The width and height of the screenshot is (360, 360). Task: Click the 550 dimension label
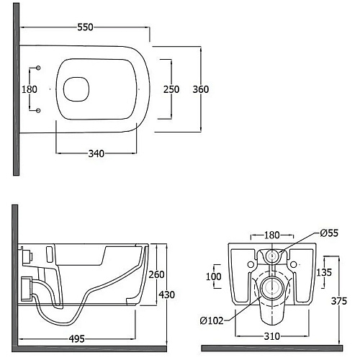85,27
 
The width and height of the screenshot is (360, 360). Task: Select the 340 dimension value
96,153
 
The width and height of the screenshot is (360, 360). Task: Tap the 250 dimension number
171,89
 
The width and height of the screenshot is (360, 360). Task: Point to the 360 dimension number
201,89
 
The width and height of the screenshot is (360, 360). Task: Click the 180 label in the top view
30,89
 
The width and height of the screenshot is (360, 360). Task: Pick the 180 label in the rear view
272,235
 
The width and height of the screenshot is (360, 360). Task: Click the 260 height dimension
156,274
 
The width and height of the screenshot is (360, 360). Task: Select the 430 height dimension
167,294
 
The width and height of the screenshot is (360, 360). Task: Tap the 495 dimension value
77,339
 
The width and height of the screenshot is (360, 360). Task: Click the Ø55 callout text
329,233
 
